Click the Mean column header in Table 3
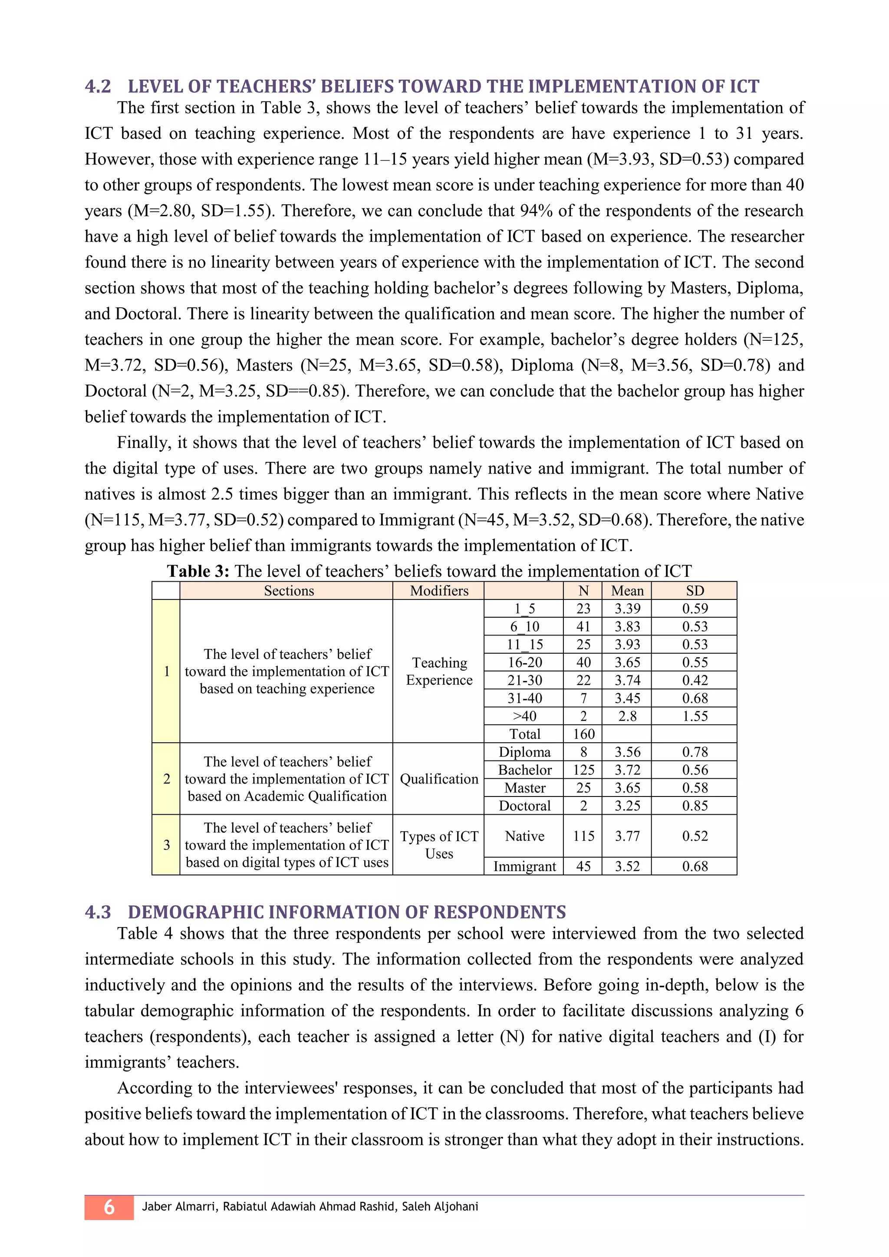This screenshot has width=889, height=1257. [627, 591]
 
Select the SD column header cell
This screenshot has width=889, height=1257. [694, 591]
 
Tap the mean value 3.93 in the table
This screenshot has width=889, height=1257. [627, 645]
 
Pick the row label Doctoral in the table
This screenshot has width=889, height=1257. [524, 806]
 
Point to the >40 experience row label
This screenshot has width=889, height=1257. [524, 716]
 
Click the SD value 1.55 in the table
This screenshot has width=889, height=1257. [694, 716]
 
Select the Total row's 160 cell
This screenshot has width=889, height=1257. [583, 734]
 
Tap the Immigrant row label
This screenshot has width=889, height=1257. [524, 866]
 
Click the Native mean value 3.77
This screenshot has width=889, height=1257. [627, 836]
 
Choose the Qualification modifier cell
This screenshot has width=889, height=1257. [438, 779]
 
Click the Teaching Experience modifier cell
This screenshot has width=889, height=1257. [438, 671]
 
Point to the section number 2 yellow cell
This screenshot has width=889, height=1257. [166, 779]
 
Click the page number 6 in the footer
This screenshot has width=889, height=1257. [109, 1207]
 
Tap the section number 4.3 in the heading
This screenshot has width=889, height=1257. [98, 912]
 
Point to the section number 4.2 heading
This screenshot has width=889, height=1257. [98, 86]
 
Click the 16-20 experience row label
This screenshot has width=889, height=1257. [524, 662]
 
